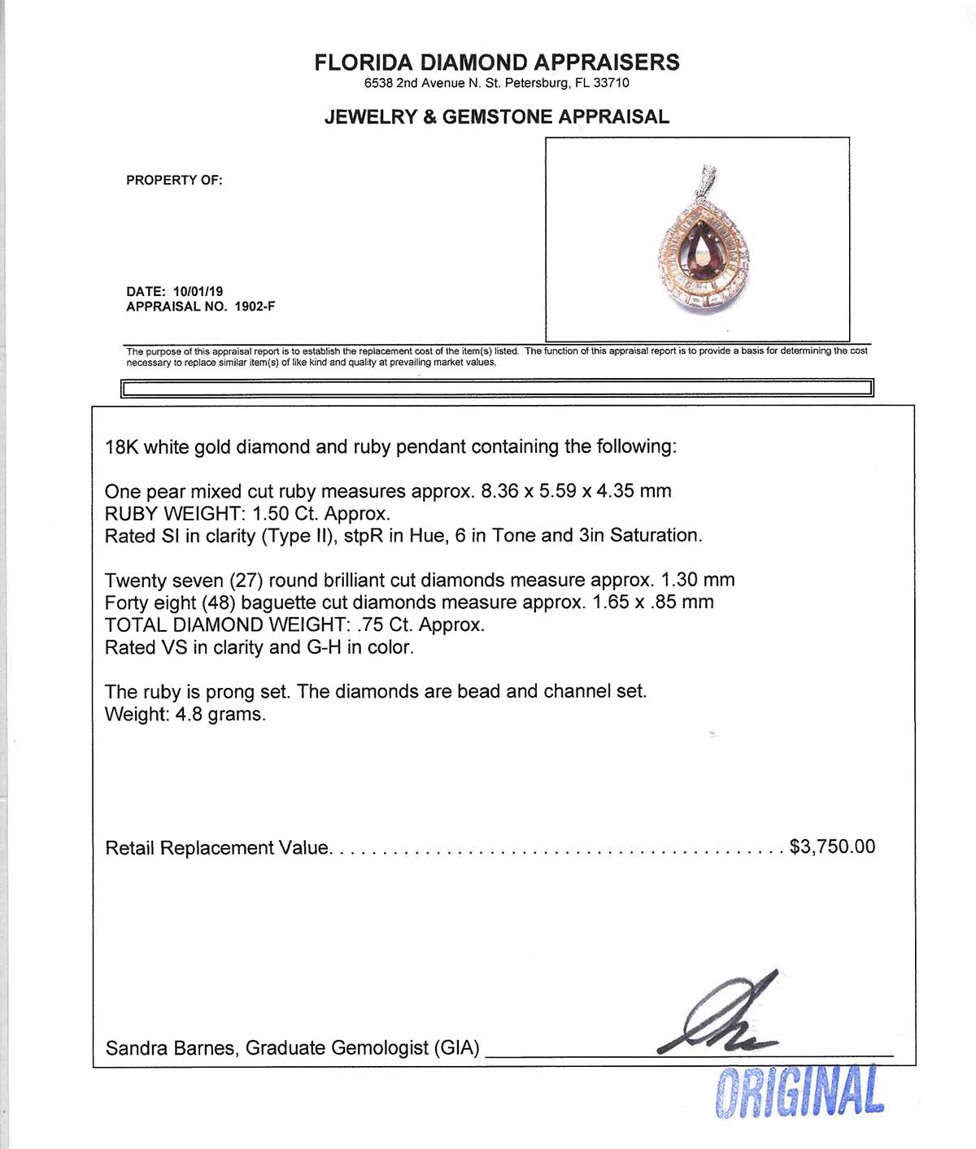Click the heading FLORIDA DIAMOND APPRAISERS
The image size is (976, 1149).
(x=497, y=63)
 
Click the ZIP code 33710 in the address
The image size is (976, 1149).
(x=611, y=83)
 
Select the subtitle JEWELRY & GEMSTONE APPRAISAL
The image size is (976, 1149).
(x=496, y=117)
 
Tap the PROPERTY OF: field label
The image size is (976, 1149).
(x=174, y=181)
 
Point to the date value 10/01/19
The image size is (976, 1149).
(x=198, y=291)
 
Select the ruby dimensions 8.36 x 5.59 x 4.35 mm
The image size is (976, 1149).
(x=576, y=491)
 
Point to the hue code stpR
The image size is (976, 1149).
(x=373, y=536)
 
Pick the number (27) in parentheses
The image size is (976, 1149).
(x=246, y=581)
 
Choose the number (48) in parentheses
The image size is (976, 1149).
(x=220, y=603)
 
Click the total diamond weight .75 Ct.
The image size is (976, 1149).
(x=384, y=625)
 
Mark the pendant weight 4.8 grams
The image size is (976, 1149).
(x=220, y=715)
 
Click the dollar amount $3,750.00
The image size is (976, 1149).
(x=832, y=847)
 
